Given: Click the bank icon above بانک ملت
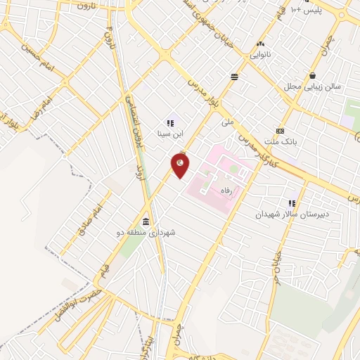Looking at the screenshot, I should (x=281, y=131).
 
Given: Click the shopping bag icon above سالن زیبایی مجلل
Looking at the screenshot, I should (x=312, y=75).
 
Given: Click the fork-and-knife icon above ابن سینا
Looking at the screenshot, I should (x=169, y=122).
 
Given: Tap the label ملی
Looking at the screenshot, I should (x=227, y=122).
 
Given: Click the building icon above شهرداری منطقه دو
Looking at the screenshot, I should (x=145, y=221).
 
